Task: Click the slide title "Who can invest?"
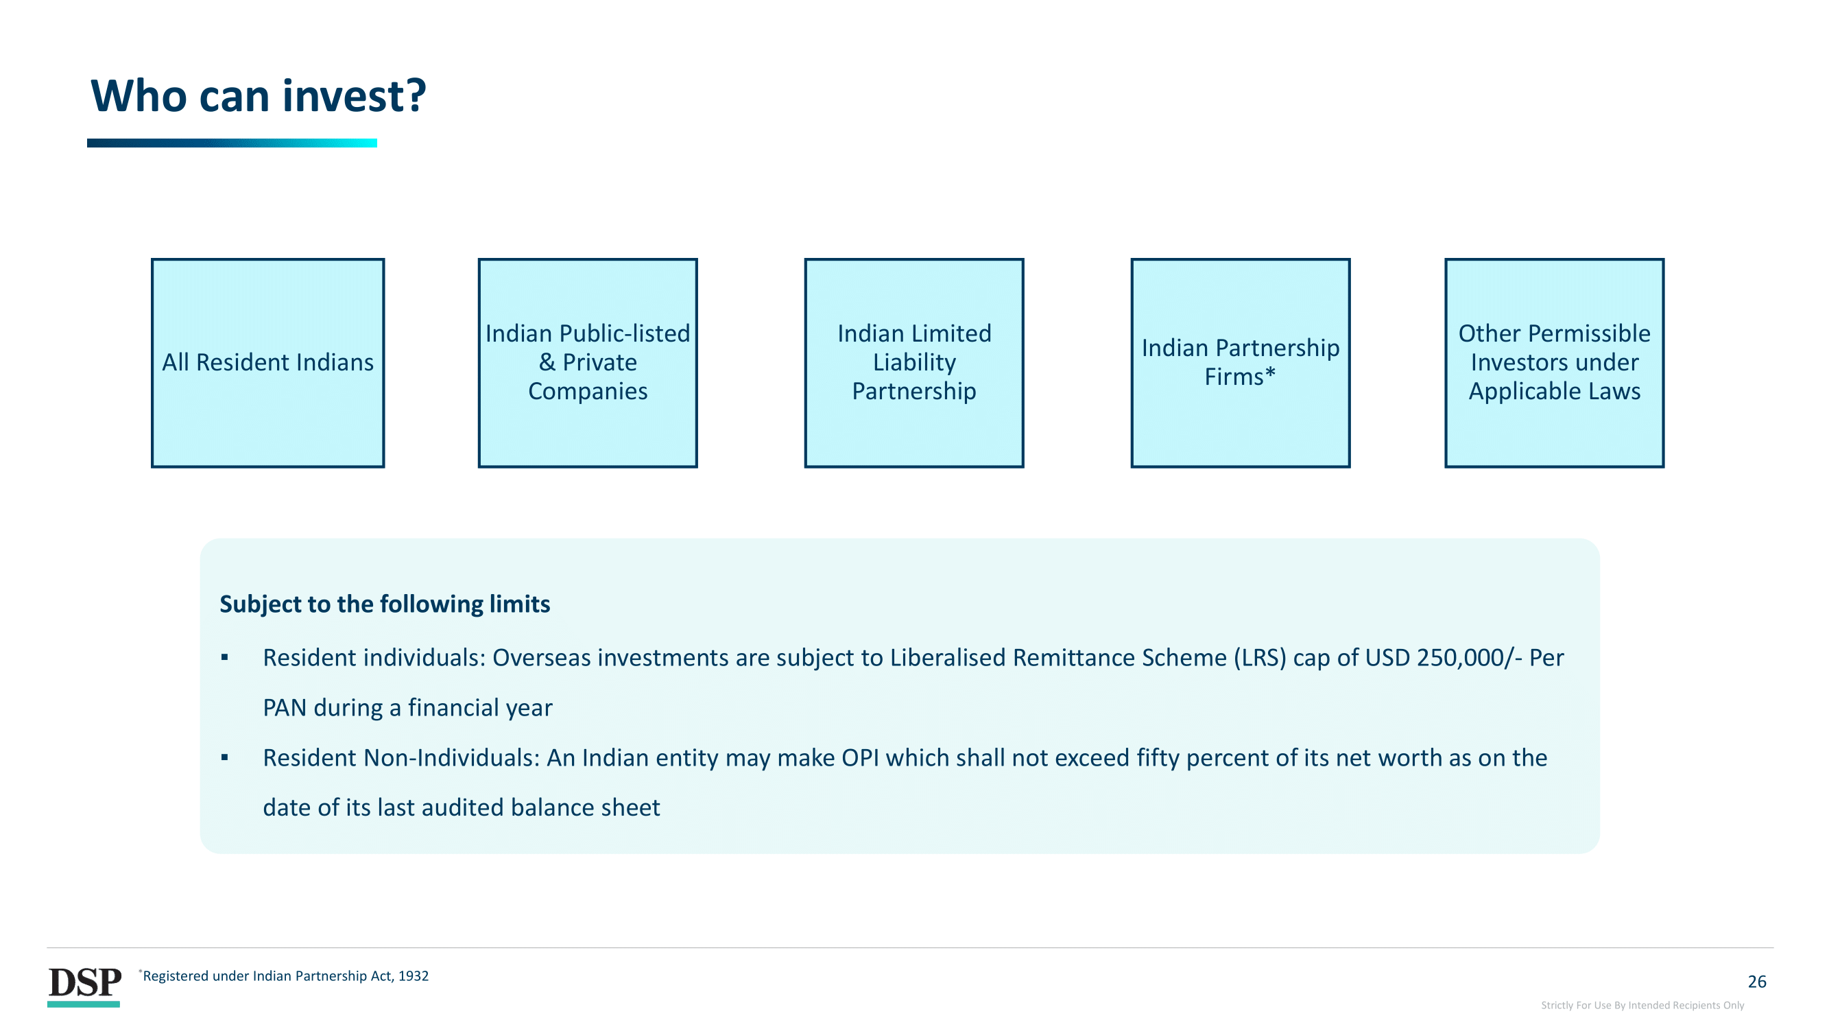259,95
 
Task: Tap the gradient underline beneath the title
232,143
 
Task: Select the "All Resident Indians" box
267,363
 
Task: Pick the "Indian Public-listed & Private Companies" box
587,363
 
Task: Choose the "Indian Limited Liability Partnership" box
913,363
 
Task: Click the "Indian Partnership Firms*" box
1240,363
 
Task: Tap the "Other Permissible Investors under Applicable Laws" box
1553,363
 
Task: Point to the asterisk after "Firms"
1270,372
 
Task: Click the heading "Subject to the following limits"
385,604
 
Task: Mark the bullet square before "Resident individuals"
224,658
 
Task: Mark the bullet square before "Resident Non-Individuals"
224,758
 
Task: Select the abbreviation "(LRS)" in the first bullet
1260,658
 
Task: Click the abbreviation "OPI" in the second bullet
860,758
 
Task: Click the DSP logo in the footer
84,986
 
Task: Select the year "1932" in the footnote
414,975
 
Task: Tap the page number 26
1756,982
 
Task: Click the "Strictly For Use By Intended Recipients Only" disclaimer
1642,1005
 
